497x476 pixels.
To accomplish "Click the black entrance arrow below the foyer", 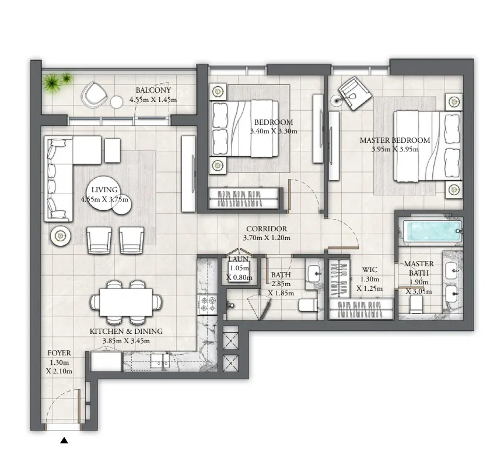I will click(x=64, y=441).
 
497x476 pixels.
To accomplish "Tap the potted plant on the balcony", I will click(x=57, y=83).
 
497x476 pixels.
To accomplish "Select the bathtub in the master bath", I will click(x=429, y=231).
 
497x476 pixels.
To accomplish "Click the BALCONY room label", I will click(x=153, y=90).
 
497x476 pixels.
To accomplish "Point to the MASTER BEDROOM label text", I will click(x=394, y=140).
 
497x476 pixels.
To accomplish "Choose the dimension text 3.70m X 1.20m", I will click(x=267, y=238).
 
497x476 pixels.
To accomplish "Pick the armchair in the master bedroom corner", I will click(x=354, y=92).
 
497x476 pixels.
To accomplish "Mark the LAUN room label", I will click(x=239, y=260).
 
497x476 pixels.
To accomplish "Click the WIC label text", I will click(x=369, y=270).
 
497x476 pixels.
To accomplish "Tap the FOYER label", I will click(x=59, y=353).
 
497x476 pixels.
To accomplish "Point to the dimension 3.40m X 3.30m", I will click(x=274, y=131).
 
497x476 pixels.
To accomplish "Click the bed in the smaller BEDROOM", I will click(x=247, y=128).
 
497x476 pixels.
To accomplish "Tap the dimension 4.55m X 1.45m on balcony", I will click(x=153, y=100).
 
